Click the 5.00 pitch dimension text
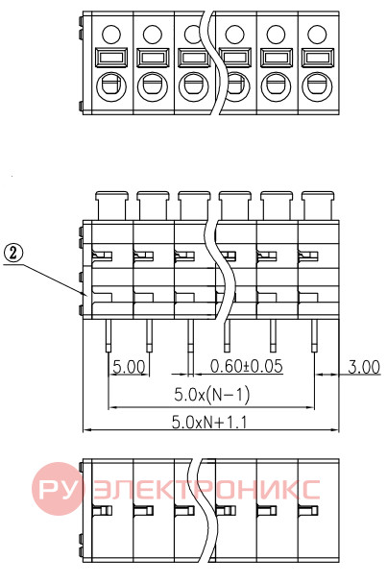[129, 367]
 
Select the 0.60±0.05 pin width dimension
[247, 366]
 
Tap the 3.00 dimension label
[364, 367]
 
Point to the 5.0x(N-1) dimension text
[212, 394]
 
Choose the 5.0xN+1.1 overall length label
[209, 423]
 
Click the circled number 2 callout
[13, 254]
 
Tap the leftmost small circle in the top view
[111, 35]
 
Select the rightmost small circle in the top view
[317, 35]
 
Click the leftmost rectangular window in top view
[111, 58]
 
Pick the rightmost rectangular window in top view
[317, 58]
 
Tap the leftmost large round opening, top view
[111, 85]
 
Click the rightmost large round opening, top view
[317, 85]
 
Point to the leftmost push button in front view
[111, 206]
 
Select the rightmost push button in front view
[318, 206]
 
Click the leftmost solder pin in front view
[109, 335]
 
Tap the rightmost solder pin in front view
[315, 335]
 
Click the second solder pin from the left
[149, 335]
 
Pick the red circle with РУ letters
[58, 489]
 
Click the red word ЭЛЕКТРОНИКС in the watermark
[206, 489]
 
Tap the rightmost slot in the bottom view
[308, 510]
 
